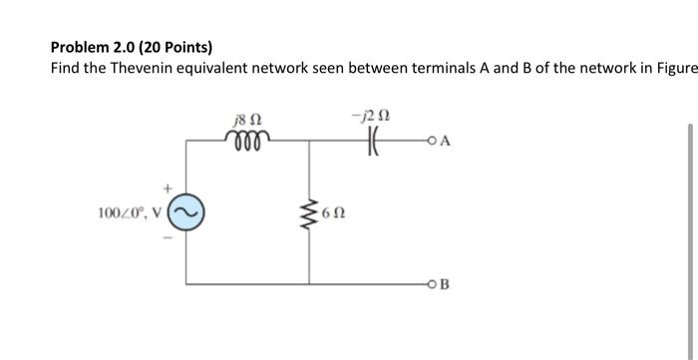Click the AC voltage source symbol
point(189,212)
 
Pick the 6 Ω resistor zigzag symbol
point(307,212)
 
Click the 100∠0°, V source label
point(132,212)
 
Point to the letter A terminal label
point(445,141)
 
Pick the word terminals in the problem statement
point(453,67)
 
